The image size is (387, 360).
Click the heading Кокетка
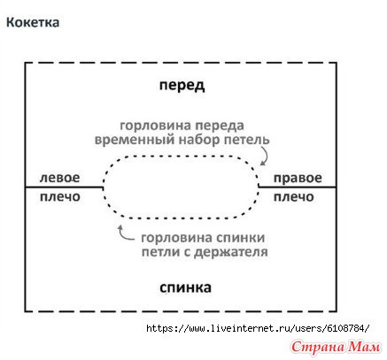pyautogui.click(x=33, y=22)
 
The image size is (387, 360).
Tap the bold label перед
pyautogui.click(x=182, y=86)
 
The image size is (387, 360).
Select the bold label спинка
pyautogui.click(x=185, y=287)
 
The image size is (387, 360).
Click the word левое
pyautogui.click(x=59, y=178)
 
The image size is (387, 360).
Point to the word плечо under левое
pyautogui.click(x=60, y=197)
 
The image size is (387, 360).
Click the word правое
pyautogui.click(x=298, y=178)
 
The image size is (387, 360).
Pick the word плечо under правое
pyautogui.click(x=294, y=197)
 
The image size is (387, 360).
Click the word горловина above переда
pyautogui.click(x=155, y=126)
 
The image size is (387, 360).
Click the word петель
pyautogui.click(x=247, y=140)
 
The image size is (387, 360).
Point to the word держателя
pyautogui.click(x=231, y=252)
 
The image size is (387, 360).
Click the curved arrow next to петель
pyautogui.click(x=265, y=157)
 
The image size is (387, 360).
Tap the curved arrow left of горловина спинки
pyautogui.click(x=125, y=234)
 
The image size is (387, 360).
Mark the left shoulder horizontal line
pyautogui.click(x=64, y=187)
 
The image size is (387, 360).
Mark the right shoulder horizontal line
pyautogui.click(x=297, y=187)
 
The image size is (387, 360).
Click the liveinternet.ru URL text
pyautogui.click(x=258, y=328)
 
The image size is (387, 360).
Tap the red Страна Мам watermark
pyautogui.click(x=336, y=347)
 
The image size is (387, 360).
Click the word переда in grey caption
pyautogui.click(x=219, y=126)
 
